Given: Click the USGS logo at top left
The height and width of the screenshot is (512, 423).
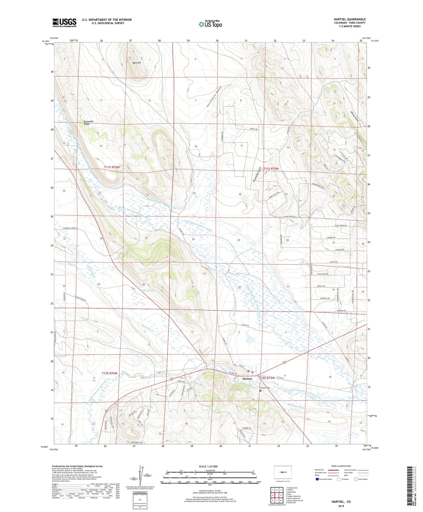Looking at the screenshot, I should (x=64, y=23).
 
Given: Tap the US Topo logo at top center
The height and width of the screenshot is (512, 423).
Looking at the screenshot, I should (x=210, y=24).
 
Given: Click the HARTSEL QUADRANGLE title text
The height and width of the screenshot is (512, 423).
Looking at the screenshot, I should (x=350, y=19).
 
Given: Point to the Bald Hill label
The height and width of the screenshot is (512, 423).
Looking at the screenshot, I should (x=137, y=63).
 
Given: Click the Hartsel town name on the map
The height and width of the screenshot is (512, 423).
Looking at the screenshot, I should (x=247, y=379).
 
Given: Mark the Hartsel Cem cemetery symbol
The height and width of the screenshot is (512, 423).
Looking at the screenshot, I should (x=261, y=391).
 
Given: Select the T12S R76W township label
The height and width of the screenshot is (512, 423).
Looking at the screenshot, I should (x=109, y=373).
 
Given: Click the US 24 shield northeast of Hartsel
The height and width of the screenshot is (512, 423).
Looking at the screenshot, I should (x=284, y=363).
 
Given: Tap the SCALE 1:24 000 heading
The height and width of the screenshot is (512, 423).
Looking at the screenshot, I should (x=208, y=466).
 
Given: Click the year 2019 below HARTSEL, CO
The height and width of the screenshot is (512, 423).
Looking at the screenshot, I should (x=341, y=506).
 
